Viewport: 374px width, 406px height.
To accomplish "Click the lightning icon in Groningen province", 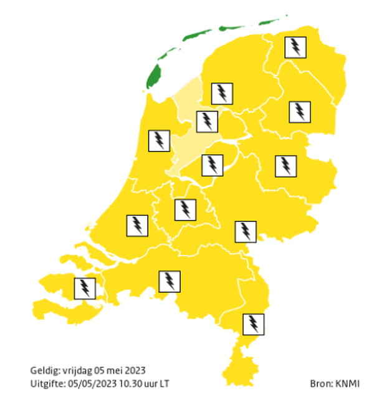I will (x=295, y=47).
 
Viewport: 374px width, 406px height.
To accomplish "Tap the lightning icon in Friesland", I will (x=221, y=93).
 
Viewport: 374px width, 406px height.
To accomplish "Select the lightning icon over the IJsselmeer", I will (x=206, y=121).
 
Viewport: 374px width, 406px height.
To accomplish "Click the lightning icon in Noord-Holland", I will (x=159, y=140).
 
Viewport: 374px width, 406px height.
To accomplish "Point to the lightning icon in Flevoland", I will (x=212, y=165).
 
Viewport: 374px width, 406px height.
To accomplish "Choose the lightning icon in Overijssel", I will (x=285, y=166).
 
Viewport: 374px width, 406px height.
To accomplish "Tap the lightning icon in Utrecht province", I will (x=185, y=210).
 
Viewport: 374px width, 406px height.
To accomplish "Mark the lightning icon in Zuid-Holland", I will (x=137, y=225).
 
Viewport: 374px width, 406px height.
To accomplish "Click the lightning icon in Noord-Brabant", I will (x=170, y=281).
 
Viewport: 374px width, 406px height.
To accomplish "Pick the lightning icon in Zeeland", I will (x=84, y=288).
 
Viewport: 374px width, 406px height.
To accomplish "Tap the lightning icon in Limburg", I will (x=252, y=323).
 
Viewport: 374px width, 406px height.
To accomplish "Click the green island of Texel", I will (x=153, y=77).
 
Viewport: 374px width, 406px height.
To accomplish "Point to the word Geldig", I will (x=44, y=370).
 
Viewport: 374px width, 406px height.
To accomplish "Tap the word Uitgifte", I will (x=46, y=383).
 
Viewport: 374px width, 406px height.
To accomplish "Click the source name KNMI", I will (x=347, y=383).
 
